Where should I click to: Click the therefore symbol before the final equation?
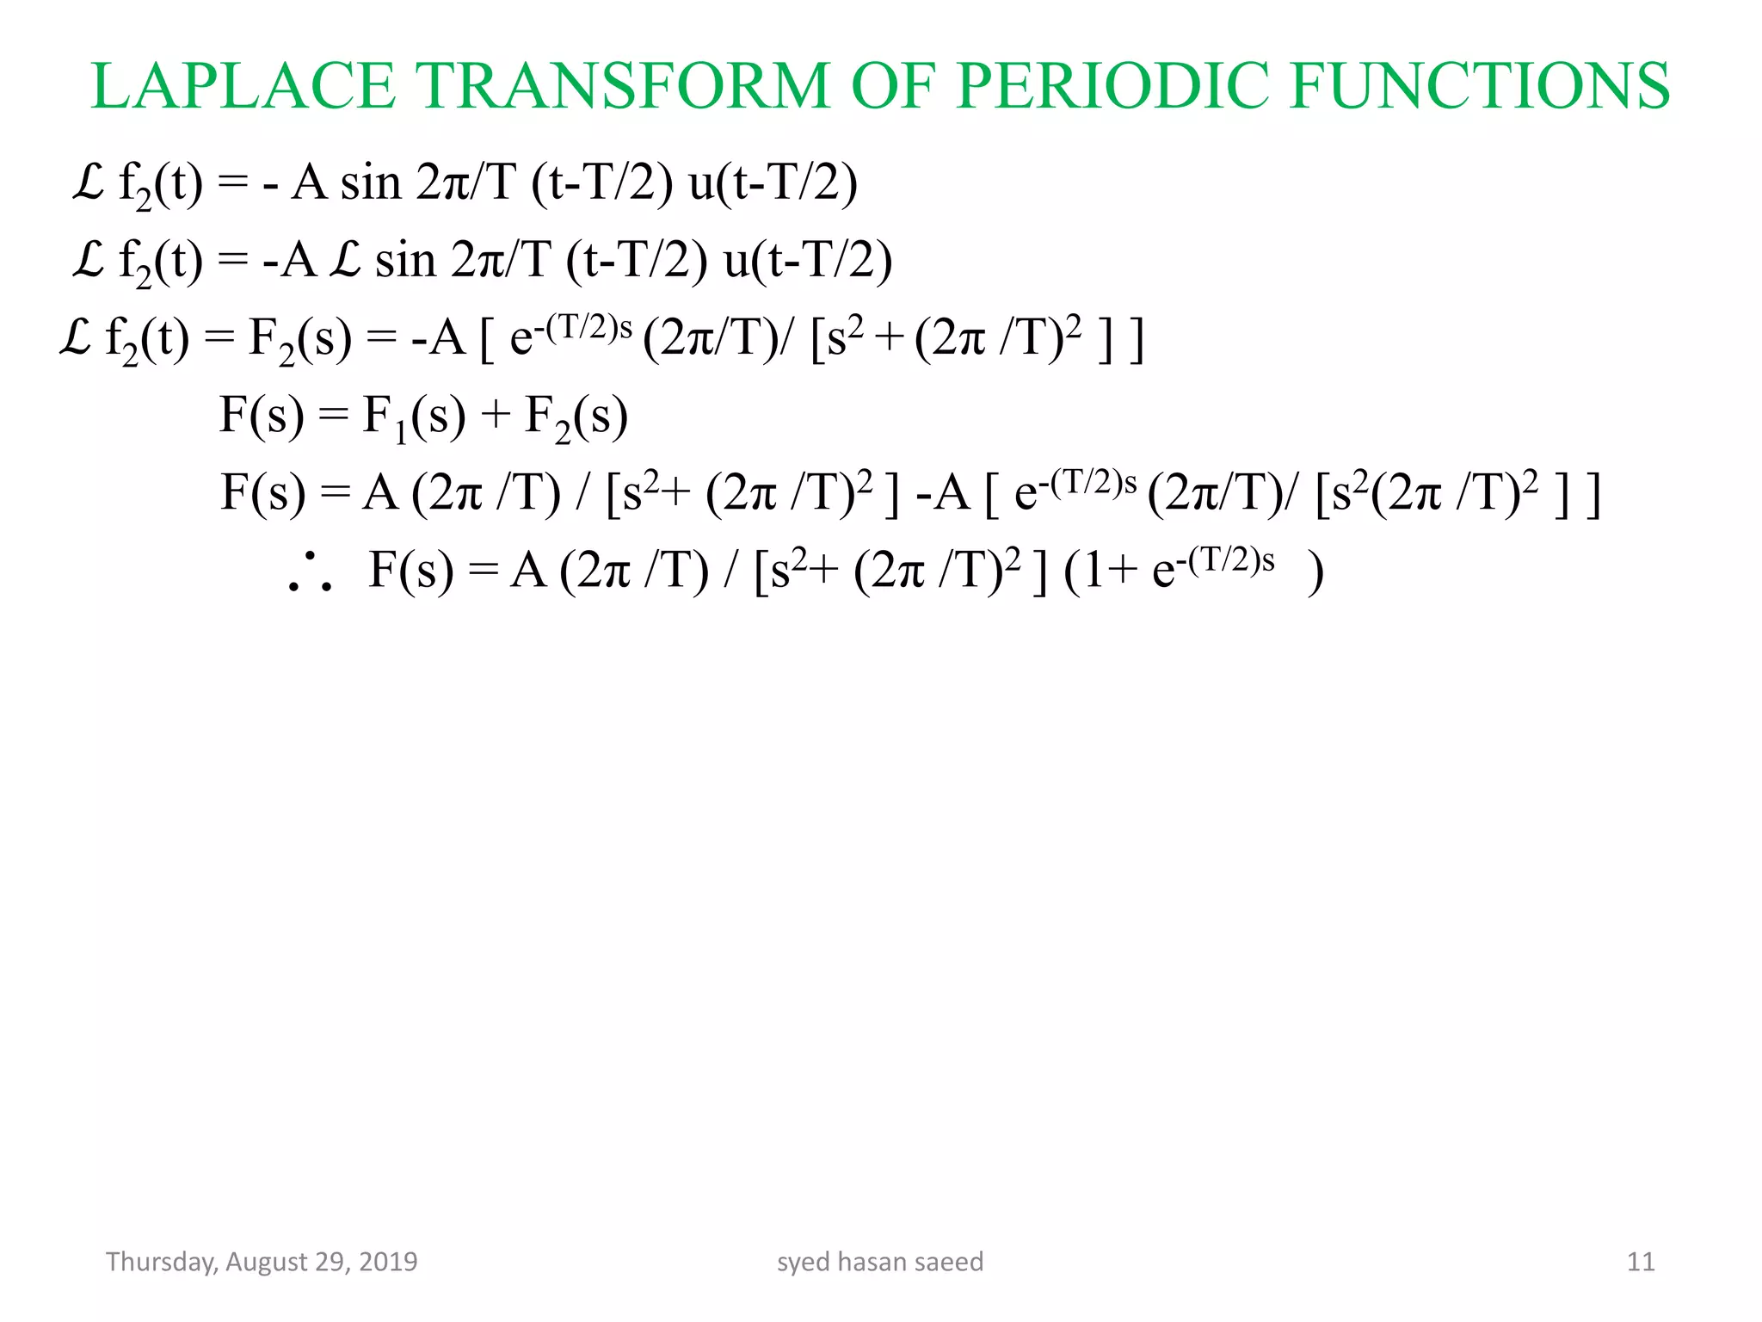click(x=311, y=572)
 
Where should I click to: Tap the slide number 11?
click(x=1641, y=1262)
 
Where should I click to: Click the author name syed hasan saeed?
click(x=880, y=1262)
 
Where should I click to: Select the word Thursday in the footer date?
click(x=161, y=1262)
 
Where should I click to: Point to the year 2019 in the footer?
click(x=388, y=1262)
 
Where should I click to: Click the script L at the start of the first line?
click(x=89, y=182)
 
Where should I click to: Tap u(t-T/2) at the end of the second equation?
click(x=808, y=260)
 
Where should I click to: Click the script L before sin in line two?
click(x=346, y=260)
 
